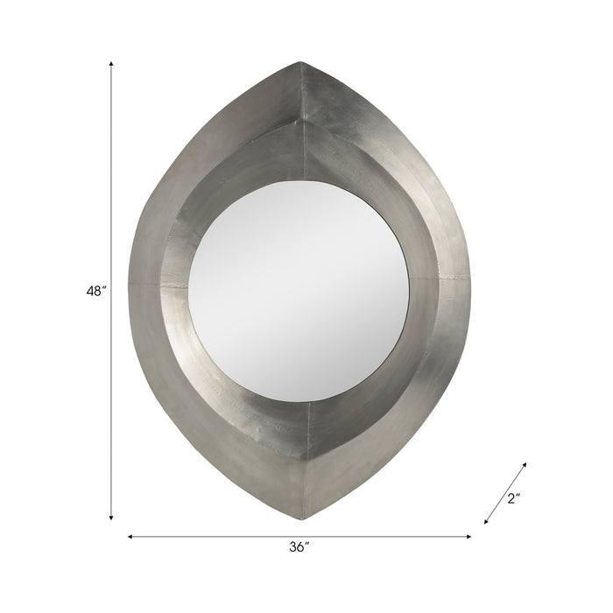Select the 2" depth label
click(513, 499)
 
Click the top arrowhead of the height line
click(111, 64)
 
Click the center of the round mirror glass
click(299, 289)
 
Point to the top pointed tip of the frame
click(300, 62)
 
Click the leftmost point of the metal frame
click(129, 285)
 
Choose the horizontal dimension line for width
click(219, 536)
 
